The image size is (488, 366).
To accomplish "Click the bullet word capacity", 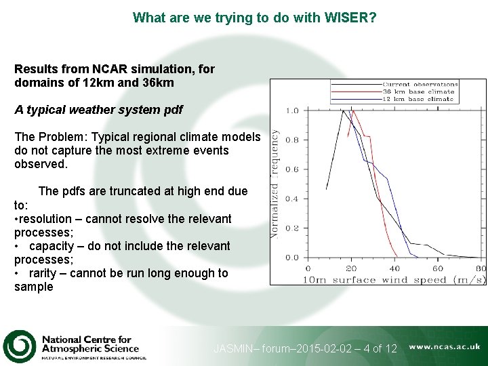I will pos(52,246).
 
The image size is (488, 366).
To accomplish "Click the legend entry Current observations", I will pos(420,85).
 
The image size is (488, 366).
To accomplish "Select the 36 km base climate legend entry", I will pos(418,91).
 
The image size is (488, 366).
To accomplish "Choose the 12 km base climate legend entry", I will pos(418,99).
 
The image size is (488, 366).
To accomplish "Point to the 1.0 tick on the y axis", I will pos(291,110).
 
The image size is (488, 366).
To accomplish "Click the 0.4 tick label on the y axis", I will pos(291,199).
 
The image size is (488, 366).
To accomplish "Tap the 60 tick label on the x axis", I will pos(438,269).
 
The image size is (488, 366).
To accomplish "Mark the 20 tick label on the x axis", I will pos(351,269).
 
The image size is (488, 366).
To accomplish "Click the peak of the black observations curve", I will pos(343,110).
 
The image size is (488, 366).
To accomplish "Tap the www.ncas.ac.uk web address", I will pos(445,346).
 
